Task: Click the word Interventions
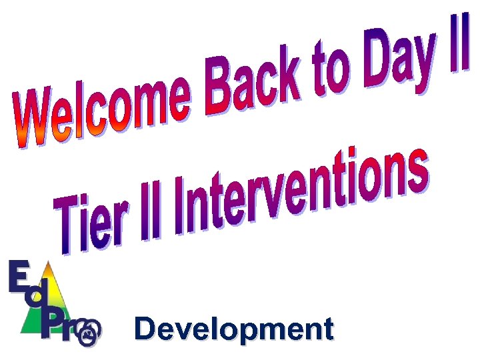(x=300, y=193)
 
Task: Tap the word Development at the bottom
(x=233, y=329)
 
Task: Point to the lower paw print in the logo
(x=87, y=338)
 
